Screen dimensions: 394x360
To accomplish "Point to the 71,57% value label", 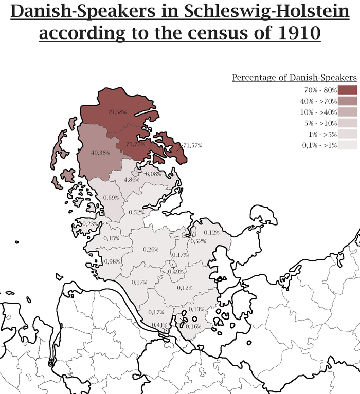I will coord(192,146).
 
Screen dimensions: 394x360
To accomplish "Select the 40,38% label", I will coord(100,153).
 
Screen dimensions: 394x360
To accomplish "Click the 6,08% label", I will coord(153,174).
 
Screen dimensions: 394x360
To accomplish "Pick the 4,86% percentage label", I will coord(132,179).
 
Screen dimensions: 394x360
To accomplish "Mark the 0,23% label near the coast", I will coord(90,224).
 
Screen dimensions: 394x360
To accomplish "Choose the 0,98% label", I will coord(112,261).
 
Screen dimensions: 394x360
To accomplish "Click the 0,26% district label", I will coord(151,249).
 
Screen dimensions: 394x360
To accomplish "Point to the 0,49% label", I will coord(176,271).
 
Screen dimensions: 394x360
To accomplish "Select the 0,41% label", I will coord(160,325).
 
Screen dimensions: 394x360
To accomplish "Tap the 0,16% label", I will coord(193,326).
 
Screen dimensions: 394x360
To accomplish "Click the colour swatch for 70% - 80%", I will coord(348,90).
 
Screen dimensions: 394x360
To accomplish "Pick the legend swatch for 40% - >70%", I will coord(348,101).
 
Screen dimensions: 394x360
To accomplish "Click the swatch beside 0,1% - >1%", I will coord(348,145).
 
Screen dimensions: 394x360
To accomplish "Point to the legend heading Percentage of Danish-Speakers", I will coord(294,78).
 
